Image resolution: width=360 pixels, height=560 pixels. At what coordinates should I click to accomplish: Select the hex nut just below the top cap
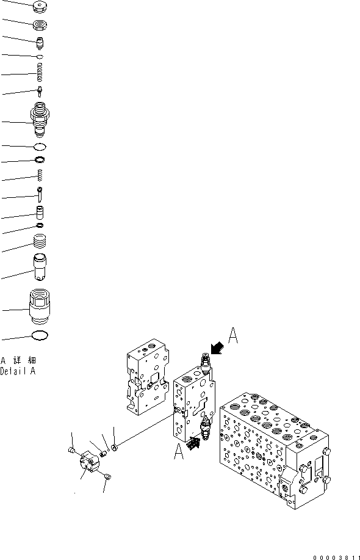[x=40, y=26]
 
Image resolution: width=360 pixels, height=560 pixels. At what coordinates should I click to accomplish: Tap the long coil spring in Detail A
[x=40, y=73]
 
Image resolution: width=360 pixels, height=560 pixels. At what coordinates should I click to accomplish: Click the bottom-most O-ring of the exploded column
[x=40, y=335]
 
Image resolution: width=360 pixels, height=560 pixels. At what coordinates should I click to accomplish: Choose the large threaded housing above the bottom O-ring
[x=39, y=307]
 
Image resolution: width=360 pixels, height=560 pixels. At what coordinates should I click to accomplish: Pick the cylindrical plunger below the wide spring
[x=40, y=266]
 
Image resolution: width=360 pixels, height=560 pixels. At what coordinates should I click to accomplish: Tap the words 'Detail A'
[x=18, y=371]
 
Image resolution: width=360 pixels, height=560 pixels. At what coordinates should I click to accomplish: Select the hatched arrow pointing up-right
[x=193, y=443]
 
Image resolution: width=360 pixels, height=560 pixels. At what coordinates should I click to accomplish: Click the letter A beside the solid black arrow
[x=232, y=336]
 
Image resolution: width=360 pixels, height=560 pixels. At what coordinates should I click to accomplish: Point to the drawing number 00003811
[x=336, y=557]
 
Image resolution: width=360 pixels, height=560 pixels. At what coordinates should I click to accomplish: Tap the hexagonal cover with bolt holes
[x=91, y=462]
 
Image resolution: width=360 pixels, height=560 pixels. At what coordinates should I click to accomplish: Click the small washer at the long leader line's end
[x=114, y=447]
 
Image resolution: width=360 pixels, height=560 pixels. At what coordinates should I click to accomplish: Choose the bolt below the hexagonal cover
[x=109, y=476]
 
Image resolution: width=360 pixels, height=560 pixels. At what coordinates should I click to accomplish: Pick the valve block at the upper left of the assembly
[x=148, y=377]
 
